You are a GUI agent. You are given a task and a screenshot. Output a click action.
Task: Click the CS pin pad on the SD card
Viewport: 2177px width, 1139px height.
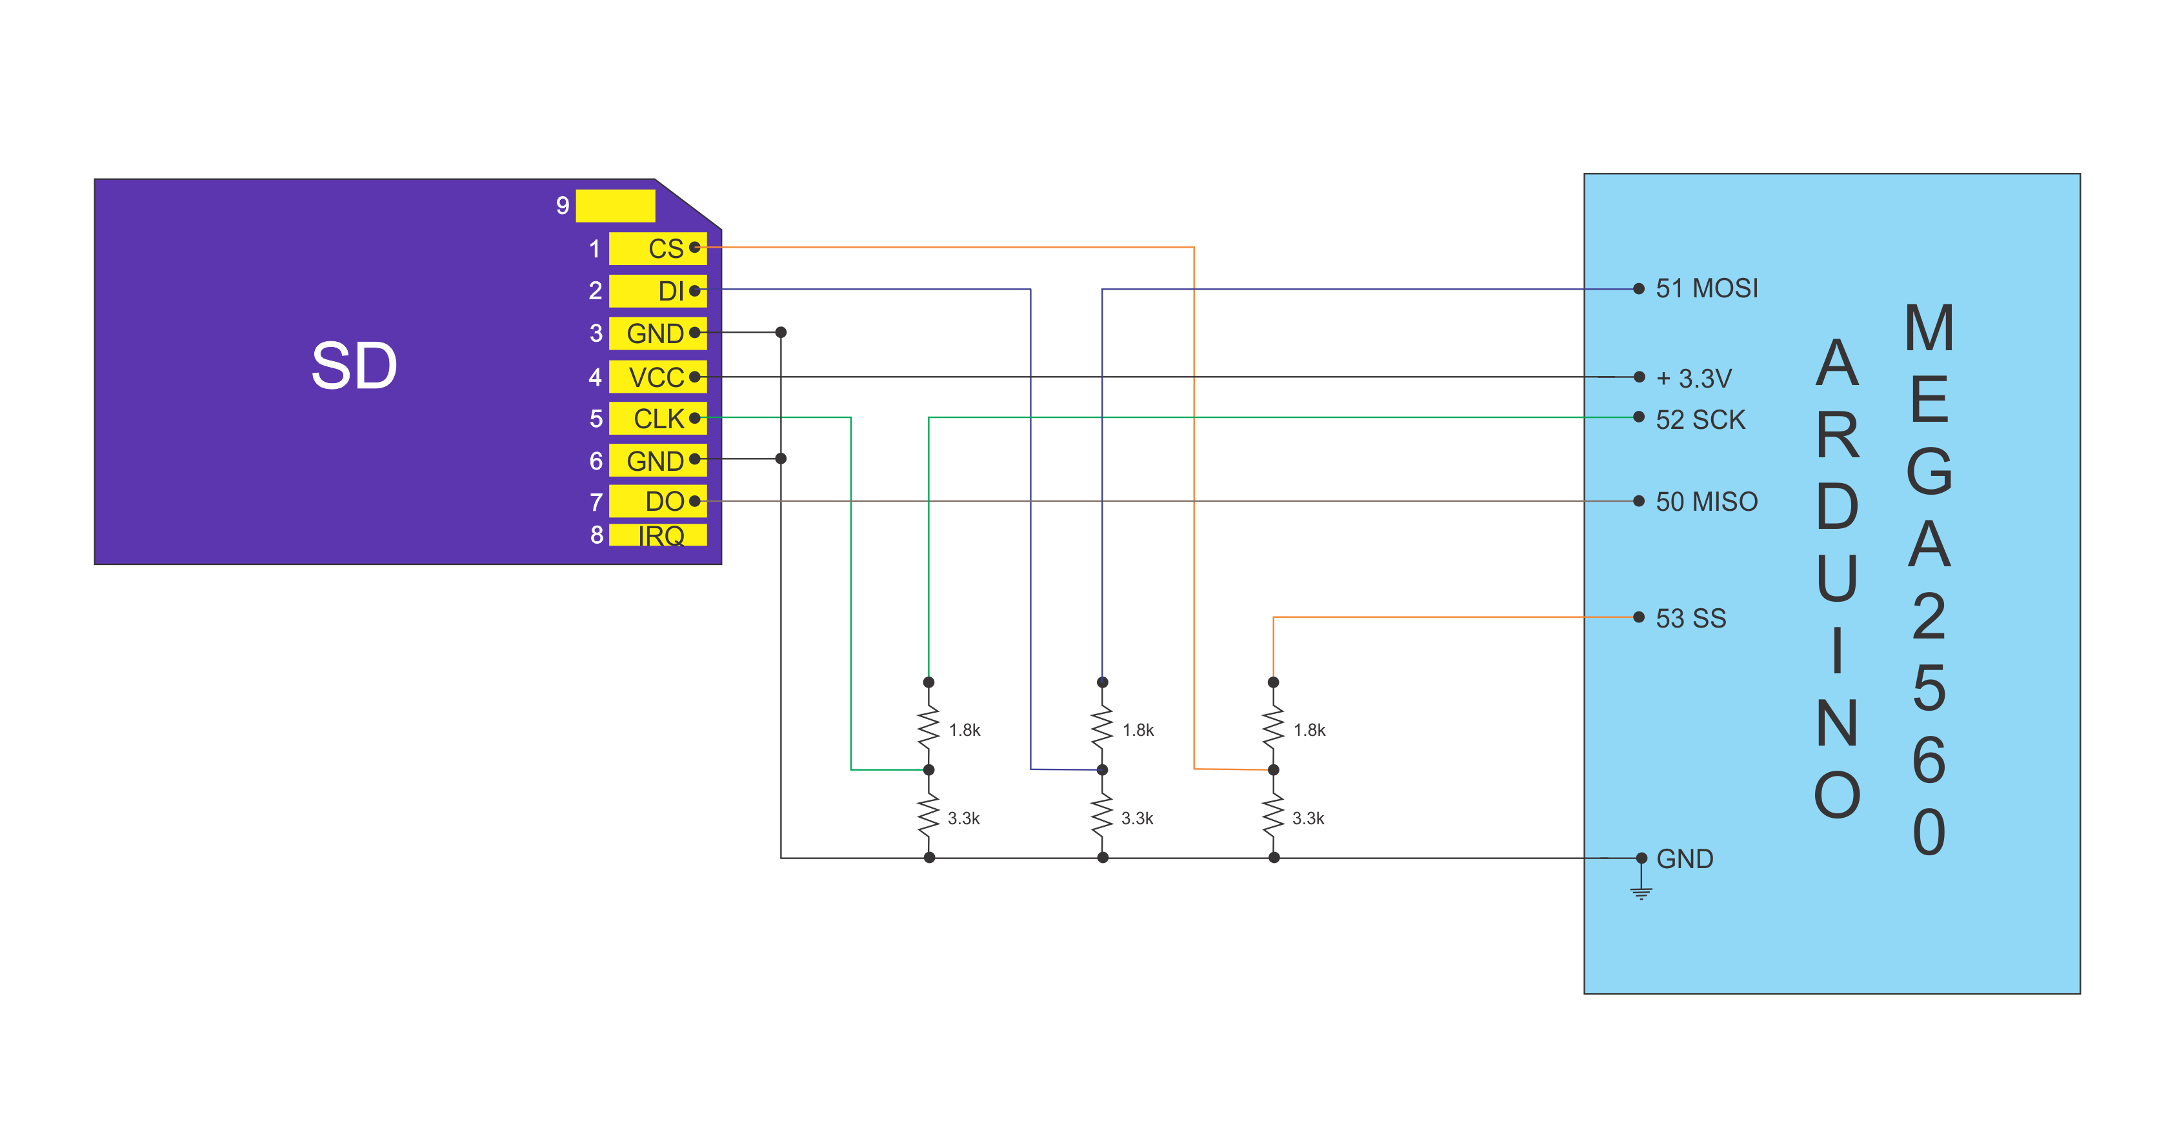click(x=657, y=248)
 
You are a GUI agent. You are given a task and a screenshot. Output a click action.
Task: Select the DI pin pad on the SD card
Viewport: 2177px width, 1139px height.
click(x=657, y=291)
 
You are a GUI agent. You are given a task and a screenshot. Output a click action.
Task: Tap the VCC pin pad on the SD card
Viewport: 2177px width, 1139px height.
click(x=657, y=377)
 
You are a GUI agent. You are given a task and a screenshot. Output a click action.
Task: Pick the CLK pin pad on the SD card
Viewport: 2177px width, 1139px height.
click(x=657, y=418)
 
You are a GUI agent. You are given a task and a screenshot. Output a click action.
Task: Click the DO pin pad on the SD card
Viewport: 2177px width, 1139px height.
click(x=657, y=501)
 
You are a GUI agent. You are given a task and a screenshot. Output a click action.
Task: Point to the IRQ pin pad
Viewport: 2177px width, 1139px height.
click(x=657, y=535)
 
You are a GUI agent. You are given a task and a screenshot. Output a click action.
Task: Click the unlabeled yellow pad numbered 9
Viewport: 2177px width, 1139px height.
click(x=616, y=205)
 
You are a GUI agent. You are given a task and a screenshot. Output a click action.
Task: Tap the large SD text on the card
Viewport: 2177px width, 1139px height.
click(x=354, y=366)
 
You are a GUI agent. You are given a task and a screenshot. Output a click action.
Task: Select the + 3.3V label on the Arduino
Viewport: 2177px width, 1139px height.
click(x=1694, y=378)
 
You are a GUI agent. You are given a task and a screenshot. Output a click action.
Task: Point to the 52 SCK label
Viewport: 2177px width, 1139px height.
click(x=1700, y=419)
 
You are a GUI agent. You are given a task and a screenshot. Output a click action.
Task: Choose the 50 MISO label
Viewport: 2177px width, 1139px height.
click(x=1706, y=501)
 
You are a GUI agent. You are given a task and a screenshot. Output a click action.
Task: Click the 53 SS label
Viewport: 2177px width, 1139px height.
click(x=1690, y=618)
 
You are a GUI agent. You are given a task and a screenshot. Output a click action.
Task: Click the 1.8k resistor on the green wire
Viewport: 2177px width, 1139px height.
click(x=928, y=726)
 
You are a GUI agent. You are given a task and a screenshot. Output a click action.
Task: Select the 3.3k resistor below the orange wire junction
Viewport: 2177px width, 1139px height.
click(x=1274, y=814)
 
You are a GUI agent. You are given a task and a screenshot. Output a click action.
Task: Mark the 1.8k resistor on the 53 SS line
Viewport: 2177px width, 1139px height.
click(x=1274, y=726)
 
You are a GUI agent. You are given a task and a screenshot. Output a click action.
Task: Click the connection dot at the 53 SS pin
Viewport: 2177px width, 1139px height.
click(x=1639, y=617)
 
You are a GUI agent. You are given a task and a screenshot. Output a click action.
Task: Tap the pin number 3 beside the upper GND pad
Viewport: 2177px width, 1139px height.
click(x=596, y=333)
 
